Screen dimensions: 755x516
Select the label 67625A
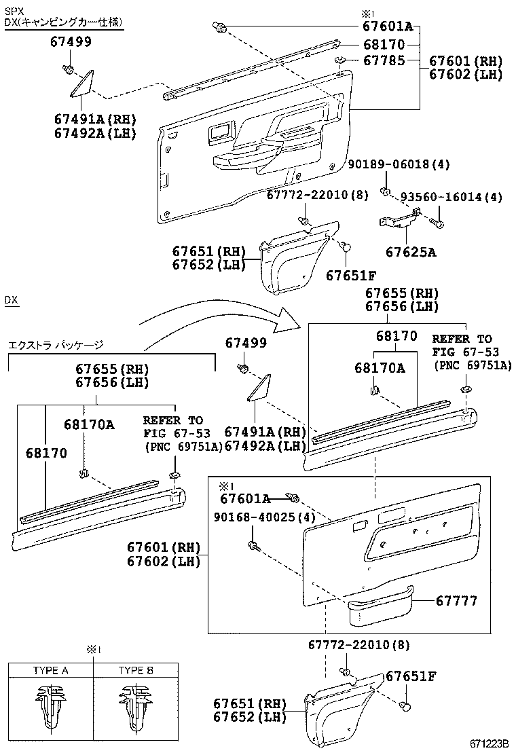coord(411,253)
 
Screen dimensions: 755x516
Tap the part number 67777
coord(456,601)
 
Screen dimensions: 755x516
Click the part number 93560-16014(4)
coord(451,197)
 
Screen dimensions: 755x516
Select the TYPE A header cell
coord(51,670)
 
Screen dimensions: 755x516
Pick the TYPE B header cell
coord(136,670)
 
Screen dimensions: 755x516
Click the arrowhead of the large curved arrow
coord(291,319)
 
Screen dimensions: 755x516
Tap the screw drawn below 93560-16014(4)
coord(439,223)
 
